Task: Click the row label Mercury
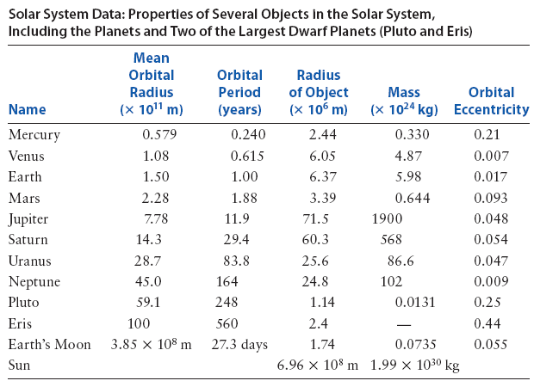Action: pyautogui.click(x=34, y=135)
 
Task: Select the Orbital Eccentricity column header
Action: pyautogui.click(x=491, y=101)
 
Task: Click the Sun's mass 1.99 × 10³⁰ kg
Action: pyautogui.click(x=414, y=365)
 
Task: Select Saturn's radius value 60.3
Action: pyautogui.click(x=321, y=240)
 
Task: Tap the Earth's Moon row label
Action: pyautogui.click(x=49, y=345)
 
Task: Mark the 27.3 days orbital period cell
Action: pyautogui.click(x=239, y=345)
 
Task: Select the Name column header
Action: pyautogui.click(x=27, y=110)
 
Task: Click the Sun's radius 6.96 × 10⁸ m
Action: pyautogui.click(x=318, y=365)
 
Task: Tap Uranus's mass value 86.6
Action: pyautogui.click(x=400, y=261)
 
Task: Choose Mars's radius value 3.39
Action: pyautogui.click(x=321, y=198)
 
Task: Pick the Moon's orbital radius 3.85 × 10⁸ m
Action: pyautogui.click(x=152, y=345)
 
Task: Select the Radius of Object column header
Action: pyautogui.click(x=318, y=93)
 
